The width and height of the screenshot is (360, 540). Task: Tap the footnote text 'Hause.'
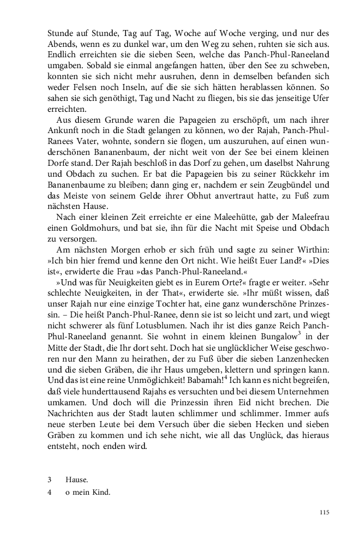click(x=77, y=479)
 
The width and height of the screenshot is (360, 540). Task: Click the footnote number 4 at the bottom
click(x=50, y=492)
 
